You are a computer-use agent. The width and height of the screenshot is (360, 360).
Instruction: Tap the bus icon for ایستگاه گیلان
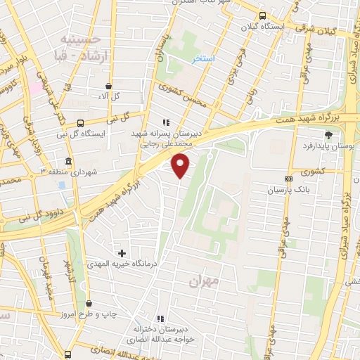coord(262,15)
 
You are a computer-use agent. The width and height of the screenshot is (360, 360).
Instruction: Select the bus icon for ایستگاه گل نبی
coord(79,122)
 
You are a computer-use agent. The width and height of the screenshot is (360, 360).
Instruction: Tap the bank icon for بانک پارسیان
coord(288,179)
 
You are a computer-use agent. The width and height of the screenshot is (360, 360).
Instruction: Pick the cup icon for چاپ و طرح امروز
coord(89,304)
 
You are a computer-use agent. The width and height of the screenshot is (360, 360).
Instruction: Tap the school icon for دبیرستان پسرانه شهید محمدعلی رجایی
coord(166,122)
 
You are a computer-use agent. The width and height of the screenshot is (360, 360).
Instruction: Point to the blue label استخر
coord(205,58)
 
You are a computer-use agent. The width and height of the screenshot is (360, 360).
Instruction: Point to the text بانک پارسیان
coord(288,191)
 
